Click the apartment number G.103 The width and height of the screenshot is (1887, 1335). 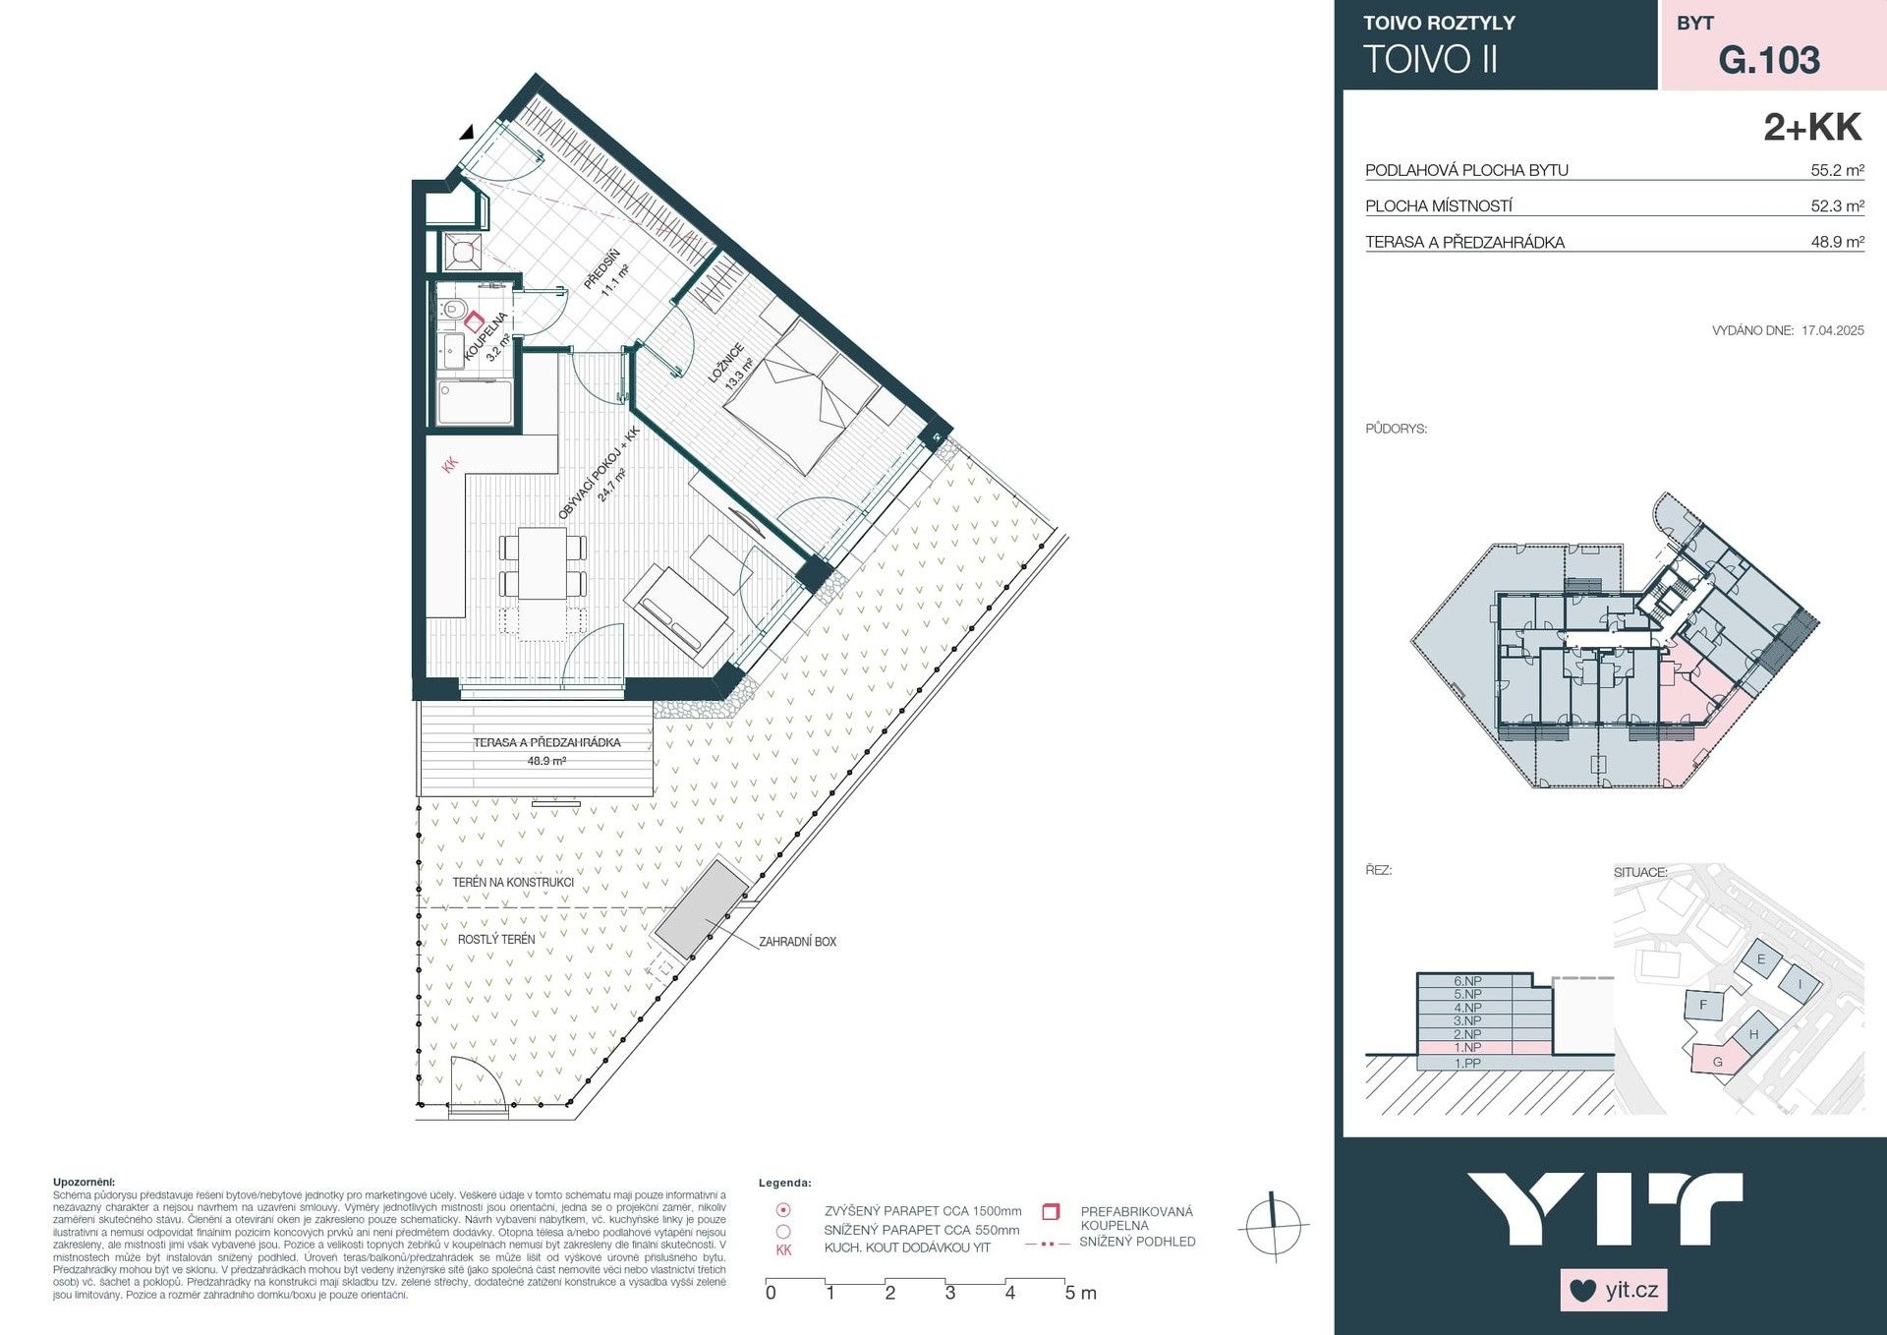click(x=1768, y=60)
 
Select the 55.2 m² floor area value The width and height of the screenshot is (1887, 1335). click(x=1836, y=170)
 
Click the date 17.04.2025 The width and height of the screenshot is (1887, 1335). click(x=1832, y=330)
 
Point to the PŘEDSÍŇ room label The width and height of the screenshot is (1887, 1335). click(x=602, y=269)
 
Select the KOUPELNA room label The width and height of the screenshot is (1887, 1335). click(x=486, y=336)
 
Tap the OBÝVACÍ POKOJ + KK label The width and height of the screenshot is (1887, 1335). click(x=599, y=473)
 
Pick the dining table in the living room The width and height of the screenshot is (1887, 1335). click(x=543, y=563)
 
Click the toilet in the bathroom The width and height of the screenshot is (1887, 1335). click(x=453, y=310)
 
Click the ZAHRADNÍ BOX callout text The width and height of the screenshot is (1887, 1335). click(x=797, y=942)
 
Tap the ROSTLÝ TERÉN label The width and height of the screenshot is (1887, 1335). click(x=496, y=940)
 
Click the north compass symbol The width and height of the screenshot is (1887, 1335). click(x=1273, y=1226)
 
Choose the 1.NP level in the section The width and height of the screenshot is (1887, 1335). click(x=1466, y=1048)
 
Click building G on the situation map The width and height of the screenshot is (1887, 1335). click(x=1719, y=1061)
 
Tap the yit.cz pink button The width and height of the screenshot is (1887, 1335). click(x=1614, y=1290)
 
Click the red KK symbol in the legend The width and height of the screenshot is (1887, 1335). click(x=783, y=1249)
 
